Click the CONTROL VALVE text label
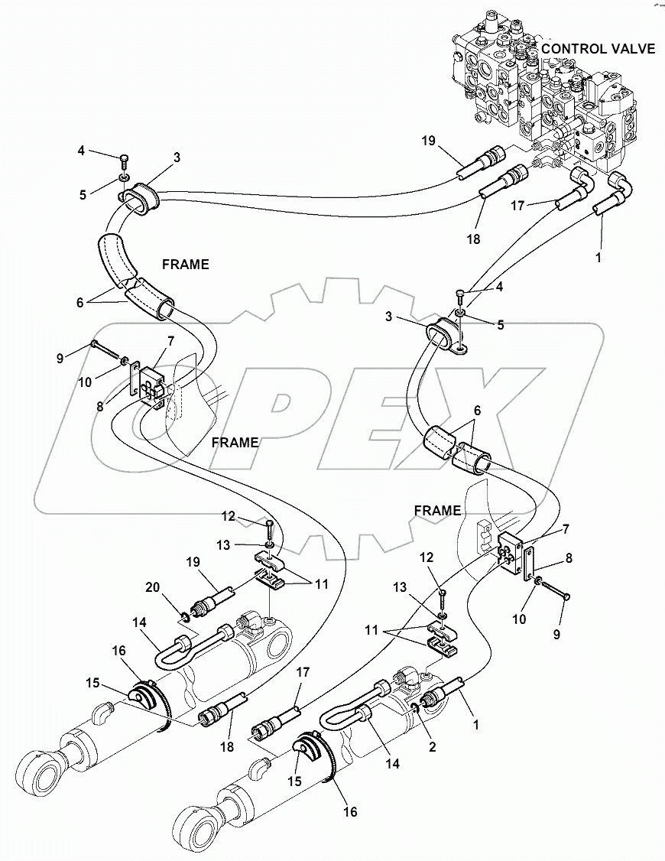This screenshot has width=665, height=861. coord(598,49)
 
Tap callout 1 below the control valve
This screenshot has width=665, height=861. coord(598,258)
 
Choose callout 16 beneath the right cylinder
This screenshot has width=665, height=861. coord(350,811)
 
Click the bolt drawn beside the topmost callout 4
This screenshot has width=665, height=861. coord(125,163)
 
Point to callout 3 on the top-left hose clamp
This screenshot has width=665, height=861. coord(177,158)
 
